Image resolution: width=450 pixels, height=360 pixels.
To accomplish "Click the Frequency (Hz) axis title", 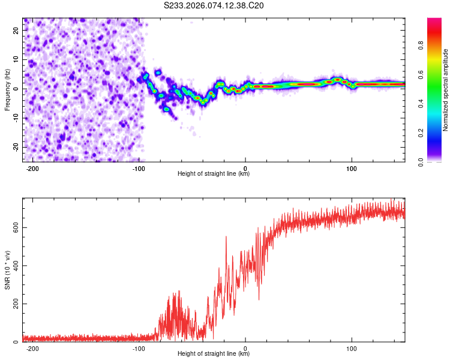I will (8, 89).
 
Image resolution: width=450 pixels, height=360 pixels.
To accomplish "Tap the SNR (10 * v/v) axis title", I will (8, 269).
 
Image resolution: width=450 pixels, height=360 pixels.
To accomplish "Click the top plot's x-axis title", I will (214, 174).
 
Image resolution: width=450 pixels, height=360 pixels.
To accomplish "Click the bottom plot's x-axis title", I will (214, 354).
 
